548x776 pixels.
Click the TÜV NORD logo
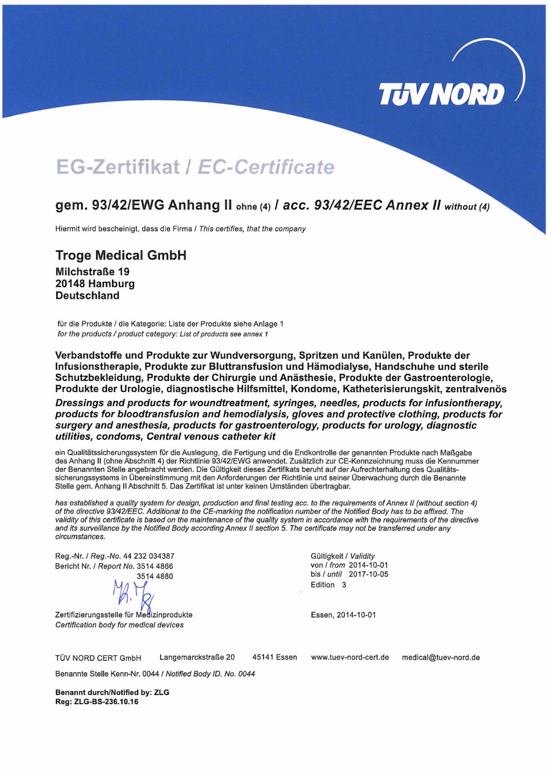[441, 94]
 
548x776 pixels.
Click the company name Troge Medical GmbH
[121, 255]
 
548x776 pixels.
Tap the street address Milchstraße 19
[92, 272]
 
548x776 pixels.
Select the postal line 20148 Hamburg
[94, 284]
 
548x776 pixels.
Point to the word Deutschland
[87, 295]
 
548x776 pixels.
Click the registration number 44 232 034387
[149, 556]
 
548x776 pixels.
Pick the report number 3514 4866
[155, 566]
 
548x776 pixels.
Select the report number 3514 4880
[155, 576]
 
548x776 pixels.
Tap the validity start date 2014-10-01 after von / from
[368, 565]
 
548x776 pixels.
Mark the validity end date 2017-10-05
[368, 574]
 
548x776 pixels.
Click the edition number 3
[344, 585]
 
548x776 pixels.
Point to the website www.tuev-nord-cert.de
[350, 658]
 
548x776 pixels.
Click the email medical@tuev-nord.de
[440, 658]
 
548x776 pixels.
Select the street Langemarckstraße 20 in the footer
[197, 658]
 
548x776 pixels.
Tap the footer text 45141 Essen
[274, 658]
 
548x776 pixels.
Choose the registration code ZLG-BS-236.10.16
[106, 702]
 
